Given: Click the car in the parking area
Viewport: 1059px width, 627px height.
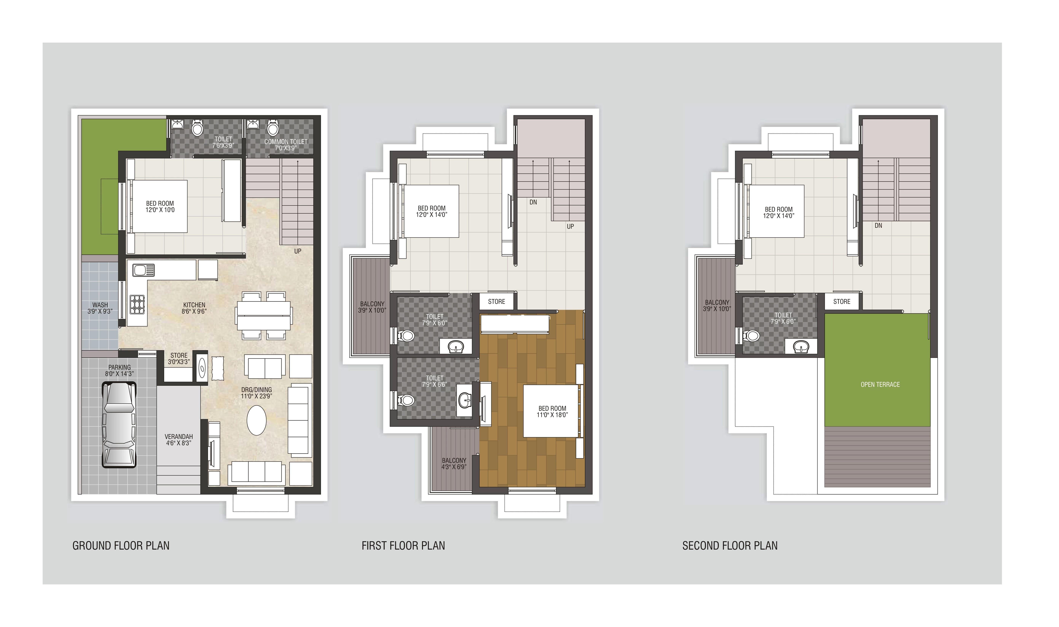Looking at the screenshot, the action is click(x=119, y=425).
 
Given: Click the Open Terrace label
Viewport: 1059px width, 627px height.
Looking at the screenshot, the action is click(x=880, y=384).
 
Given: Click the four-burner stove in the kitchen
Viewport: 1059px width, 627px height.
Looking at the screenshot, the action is click(x=137, y=304).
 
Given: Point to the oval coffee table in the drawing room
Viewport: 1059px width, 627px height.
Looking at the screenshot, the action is click(x=257, y=420).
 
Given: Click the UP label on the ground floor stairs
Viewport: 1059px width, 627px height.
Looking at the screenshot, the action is click(x=298, y=251).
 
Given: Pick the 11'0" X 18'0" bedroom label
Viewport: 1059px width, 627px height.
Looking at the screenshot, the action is click(x=552, y=412).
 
